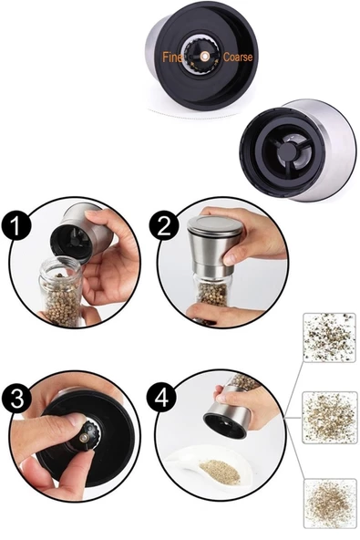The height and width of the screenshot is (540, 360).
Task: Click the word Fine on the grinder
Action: pos(172,57)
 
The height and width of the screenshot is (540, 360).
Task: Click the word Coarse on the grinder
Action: pos(238,57)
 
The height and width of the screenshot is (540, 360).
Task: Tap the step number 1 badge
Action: pos(15,225)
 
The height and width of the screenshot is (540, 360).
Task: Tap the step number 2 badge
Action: pos(164,225)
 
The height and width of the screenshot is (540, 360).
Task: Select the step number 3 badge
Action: pos(16,399)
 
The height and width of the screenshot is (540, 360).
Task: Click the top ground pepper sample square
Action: pos(329,337)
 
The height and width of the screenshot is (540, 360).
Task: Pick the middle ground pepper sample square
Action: pos(330,418)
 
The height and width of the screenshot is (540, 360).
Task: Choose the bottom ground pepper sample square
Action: pos(330,504)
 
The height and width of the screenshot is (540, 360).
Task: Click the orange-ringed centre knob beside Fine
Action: pos(204,56)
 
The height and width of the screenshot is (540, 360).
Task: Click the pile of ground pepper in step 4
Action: pos(220,472)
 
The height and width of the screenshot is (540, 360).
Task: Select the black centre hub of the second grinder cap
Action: pos(288,151)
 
